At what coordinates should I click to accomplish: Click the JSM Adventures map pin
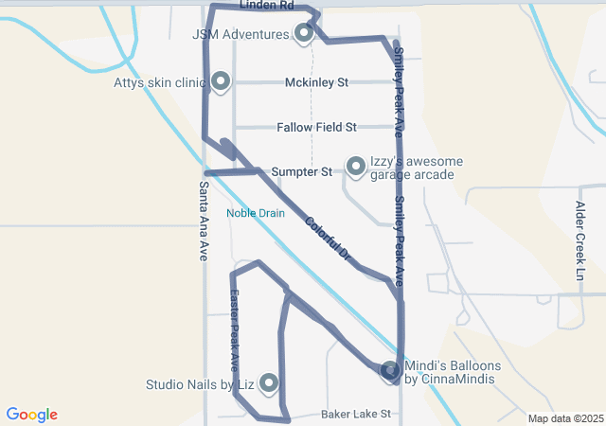point(304,33)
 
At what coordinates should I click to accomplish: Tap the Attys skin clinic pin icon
point(221,81)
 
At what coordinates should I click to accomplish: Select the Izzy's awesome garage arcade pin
point(356,166)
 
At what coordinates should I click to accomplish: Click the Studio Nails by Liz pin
point(269,382)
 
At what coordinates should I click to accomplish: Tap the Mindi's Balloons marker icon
point(390,370)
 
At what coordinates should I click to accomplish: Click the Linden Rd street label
point(267,6)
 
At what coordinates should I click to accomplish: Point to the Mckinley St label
point(317,82)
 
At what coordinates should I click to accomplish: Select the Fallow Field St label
point(316,127)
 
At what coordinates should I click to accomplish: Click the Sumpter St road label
point(301,172)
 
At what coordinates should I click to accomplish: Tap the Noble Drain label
point(256,213)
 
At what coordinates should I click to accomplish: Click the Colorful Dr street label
point(329,241)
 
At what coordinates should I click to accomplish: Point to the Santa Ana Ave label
point(204,222)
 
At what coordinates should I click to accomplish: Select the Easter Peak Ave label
point(233,330)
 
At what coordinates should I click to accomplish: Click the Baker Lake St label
point(356,415)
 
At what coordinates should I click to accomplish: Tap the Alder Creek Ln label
point(580,240)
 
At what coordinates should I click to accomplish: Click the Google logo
point(31,415)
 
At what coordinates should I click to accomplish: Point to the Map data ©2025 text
point(565,418)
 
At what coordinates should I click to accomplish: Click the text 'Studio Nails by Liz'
point(200,385)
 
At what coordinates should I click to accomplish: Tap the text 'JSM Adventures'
point(241,35)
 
